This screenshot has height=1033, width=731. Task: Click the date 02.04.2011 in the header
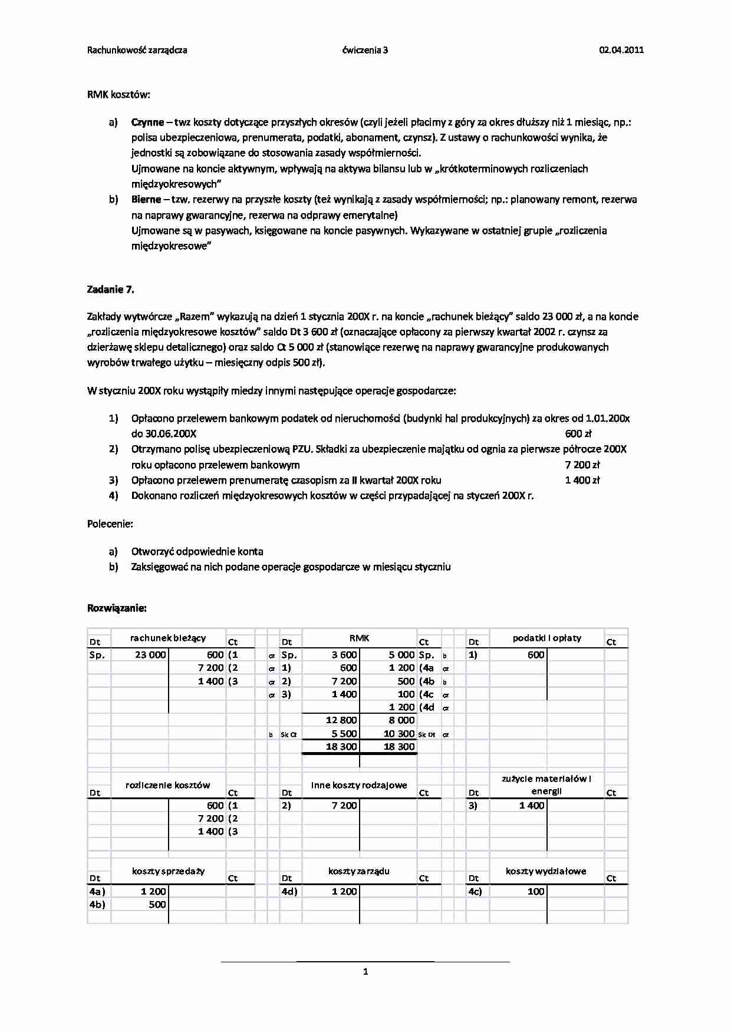click(621, 50)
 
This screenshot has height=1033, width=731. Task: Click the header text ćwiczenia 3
click(365, 50)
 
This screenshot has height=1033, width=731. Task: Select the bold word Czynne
click(147, 122)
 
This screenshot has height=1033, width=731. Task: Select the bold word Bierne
click(146, 200)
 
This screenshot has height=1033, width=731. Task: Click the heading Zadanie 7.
click(110, 289)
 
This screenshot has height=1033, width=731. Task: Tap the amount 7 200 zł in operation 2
click(582, 465)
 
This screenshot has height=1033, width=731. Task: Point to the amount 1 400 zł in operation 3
click(582, 480)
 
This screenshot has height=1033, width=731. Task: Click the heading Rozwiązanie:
click(117, 607)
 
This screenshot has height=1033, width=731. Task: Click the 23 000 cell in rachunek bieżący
click(150, 655)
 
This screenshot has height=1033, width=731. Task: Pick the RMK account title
click(359, 638)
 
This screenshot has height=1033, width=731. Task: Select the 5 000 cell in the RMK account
click(401, 655)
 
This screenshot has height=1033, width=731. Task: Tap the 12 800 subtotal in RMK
click(341, 720)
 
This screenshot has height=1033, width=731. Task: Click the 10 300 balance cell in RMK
click(399, 734)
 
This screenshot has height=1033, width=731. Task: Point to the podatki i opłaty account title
click(546, 638)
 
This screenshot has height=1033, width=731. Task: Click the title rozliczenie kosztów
click(167, 785)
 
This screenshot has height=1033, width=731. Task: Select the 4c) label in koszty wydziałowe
click(475, 891)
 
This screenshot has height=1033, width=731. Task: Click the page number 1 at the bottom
click(365, 972)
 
